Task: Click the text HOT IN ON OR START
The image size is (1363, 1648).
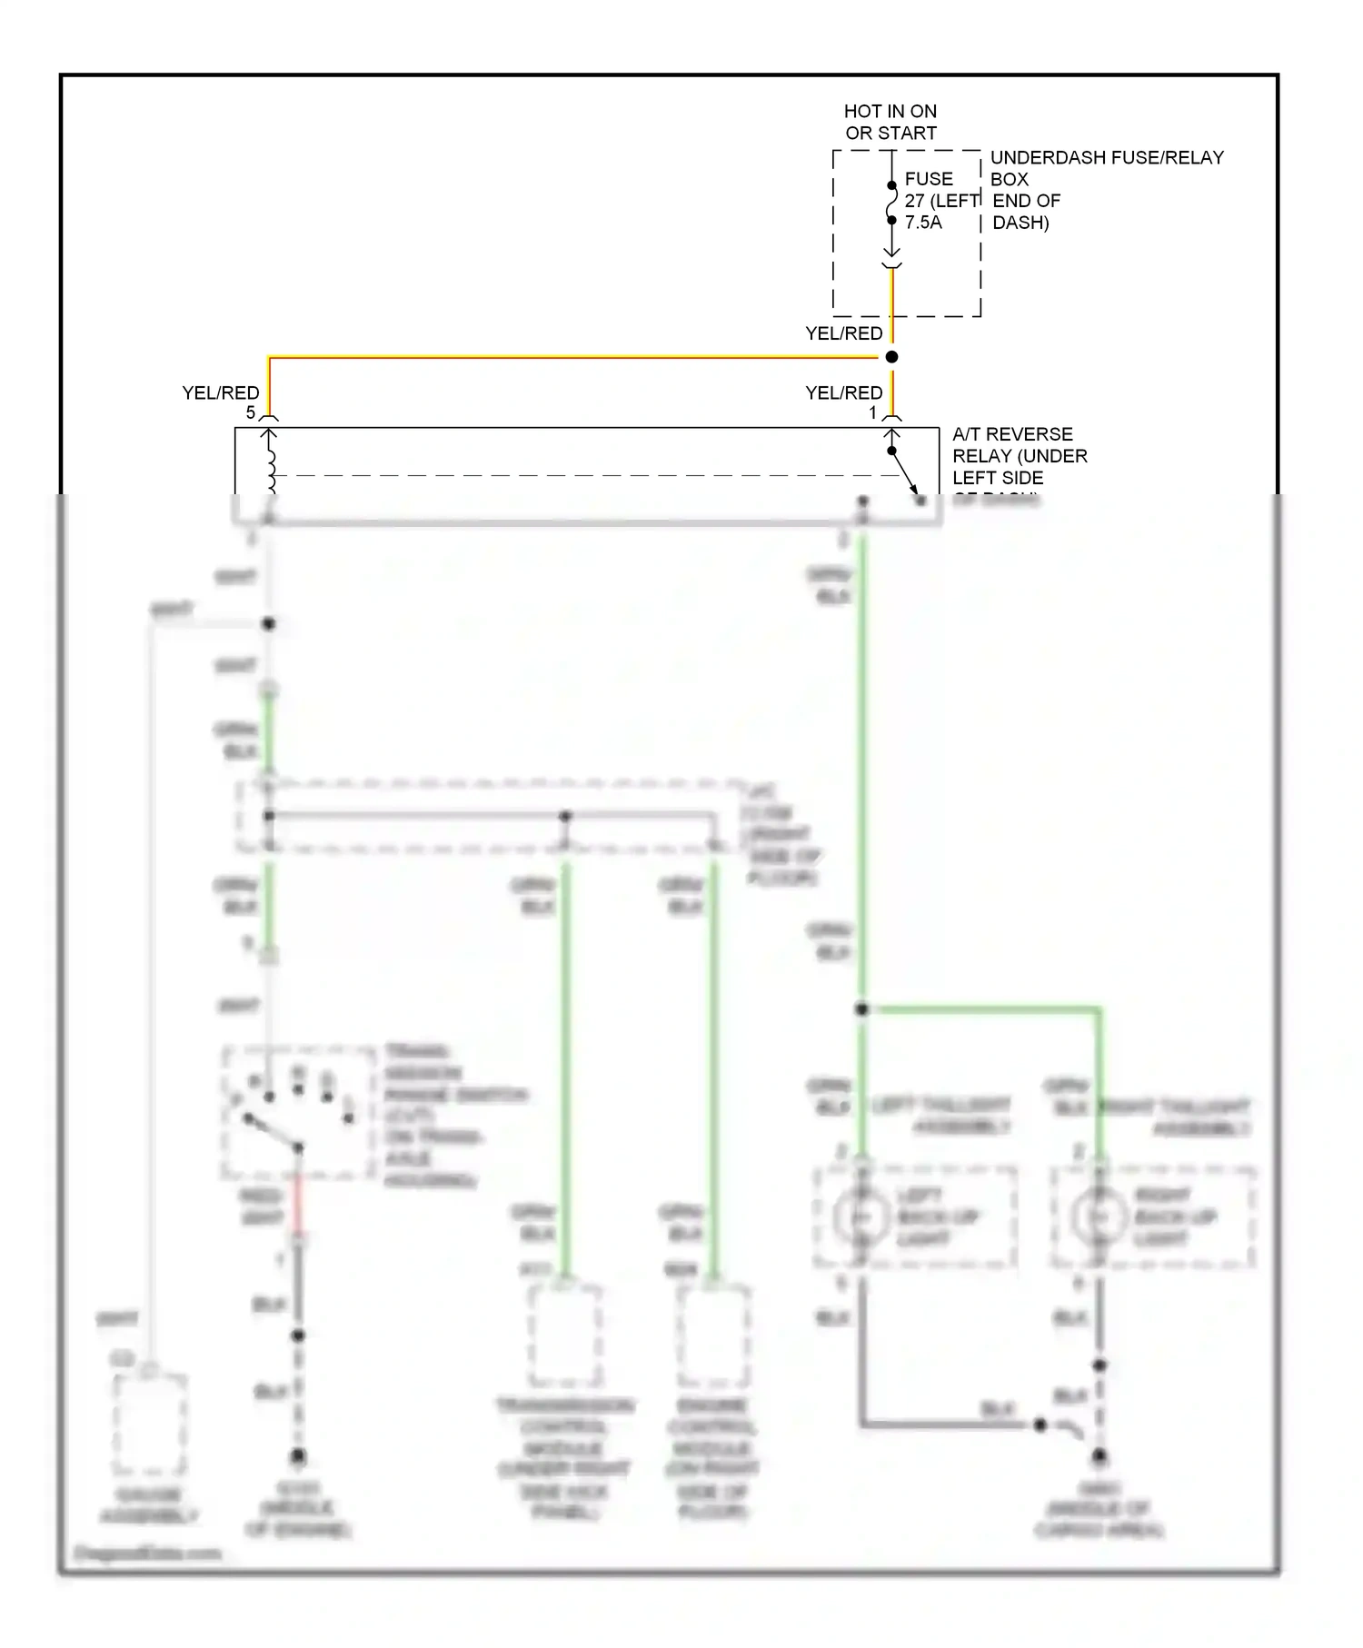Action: (890, 123)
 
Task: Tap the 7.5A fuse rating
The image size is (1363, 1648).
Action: (922, 223)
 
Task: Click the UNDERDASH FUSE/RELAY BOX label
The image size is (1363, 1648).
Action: (1106, 168)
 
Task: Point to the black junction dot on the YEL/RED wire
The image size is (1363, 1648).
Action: (891, 357)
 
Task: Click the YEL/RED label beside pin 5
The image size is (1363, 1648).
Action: (221, 392)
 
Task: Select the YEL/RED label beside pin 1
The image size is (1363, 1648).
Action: (843, 392)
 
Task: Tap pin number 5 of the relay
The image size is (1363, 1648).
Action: (251, 413)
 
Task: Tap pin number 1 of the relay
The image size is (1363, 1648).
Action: (873, 413)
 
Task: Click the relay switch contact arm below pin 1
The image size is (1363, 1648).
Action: (904, 472)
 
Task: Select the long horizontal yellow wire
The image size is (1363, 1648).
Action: (572, 358)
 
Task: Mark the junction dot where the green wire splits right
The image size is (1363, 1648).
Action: (861, 1009)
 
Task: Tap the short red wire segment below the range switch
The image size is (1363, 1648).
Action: (298, 1208)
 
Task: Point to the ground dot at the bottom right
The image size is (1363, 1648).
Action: (1099, 1456)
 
